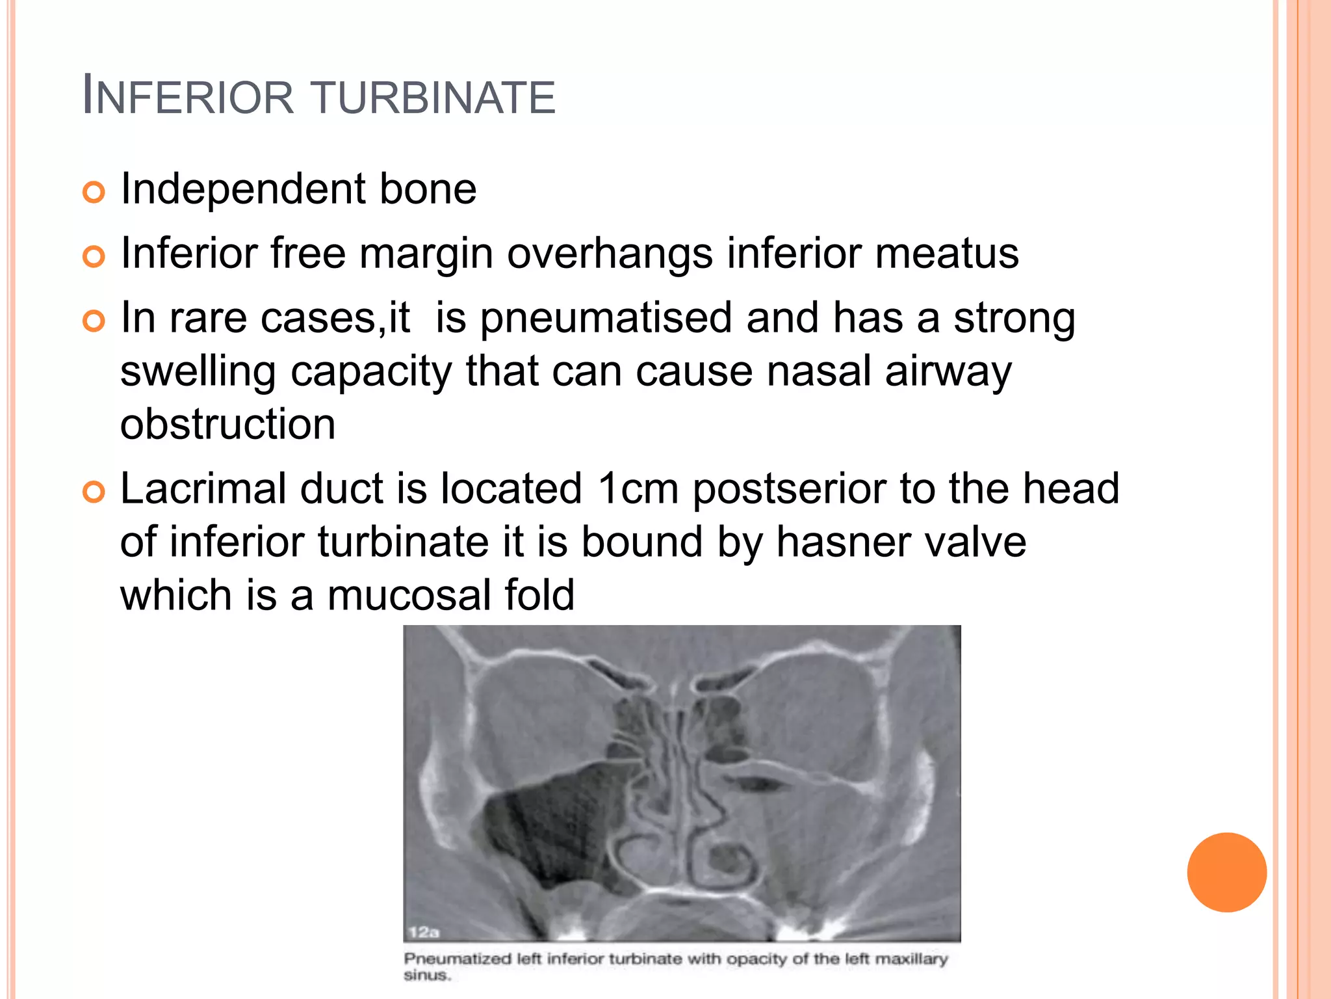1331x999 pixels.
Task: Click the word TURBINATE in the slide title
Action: tap(434, 98)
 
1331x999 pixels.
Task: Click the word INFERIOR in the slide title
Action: tap(188, 98)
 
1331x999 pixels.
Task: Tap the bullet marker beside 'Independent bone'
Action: tap(94, 193)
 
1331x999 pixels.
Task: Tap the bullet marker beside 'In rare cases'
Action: tap(94, 321)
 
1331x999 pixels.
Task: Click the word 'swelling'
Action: tap(198, 372)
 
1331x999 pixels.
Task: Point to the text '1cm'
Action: tap(638, 489)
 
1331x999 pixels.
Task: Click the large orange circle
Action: tap(1226, 872)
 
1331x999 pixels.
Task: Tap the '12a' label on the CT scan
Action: tap(423, 932)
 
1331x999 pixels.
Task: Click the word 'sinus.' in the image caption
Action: tap(427, 976)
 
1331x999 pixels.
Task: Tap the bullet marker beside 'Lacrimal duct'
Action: tap(94, 492)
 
